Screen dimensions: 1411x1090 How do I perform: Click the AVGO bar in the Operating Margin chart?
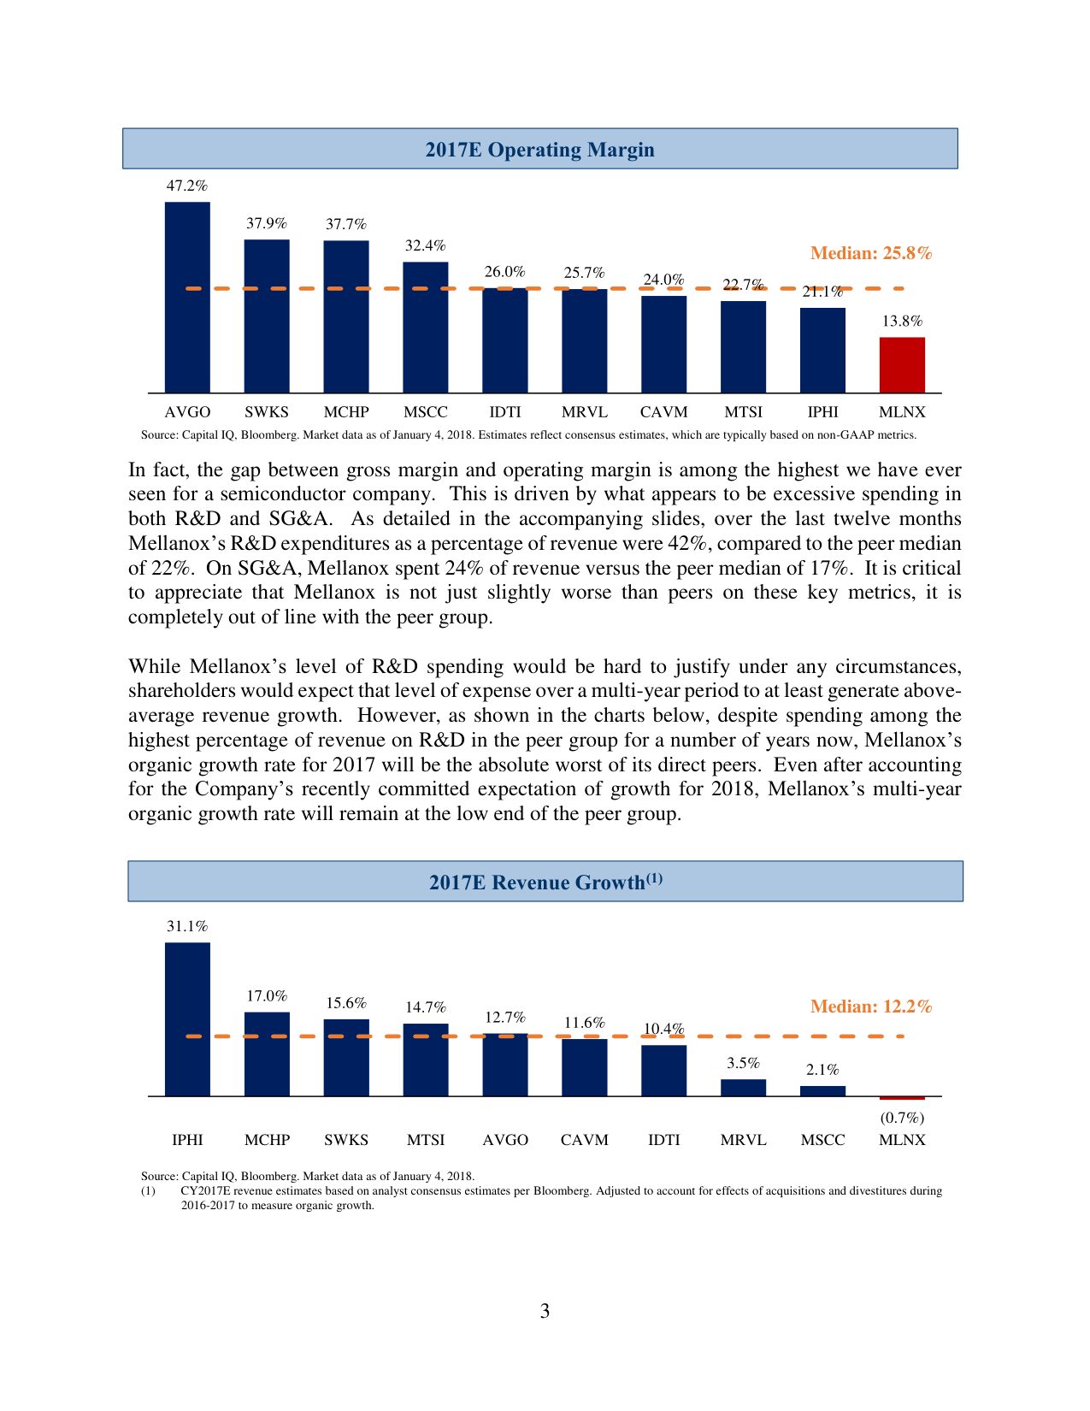[x=187, y=298]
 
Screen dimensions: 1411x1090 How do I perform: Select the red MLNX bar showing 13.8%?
[x=902, y=365]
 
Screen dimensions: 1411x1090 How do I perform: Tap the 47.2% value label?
[x=186, y=186]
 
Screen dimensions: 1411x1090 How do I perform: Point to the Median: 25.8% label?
[x=870, y=253]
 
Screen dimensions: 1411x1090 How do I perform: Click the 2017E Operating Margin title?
[x=539, y=150]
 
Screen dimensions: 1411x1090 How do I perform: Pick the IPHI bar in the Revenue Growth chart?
[x=187, y=1019]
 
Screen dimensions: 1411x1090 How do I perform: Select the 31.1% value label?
[x=186, y=926]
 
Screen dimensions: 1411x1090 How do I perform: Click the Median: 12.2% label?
[x=870, y=1007]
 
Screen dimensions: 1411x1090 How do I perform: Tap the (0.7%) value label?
[x=902, y=1118]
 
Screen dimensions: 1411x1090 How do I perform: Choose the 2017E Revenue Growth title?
[x=545, y=882]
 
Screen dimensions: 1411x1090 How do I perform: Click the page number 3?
[x=545, y=1311]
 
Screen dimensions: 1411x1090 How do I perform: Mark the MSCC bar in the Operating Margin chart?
[x=425, y=328]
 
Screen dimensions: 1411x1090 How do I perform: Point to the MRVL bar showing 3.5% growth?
[x=743, y=1088]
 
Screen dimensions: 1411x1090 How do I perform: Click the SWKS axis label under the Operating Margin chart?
[x=267, y=412]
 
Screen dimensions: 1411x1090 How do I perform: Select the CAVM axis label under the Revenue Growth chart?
[x=584, y=1140]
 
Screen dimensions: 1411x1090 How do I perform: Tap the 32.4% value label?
[x=425, y=245]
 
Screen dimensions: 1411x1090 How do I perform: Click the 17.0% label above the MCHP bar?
[x=267, y=996]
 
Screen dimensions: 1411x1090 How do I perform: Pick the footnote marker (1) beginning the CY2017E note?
[x=148, y=1190]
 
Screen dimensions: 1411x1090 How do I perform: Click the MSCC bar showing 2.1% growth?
[x=822, y=1091]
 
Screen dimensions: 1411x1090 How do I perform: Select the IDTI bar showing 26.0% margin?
[x=504, y=340]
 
